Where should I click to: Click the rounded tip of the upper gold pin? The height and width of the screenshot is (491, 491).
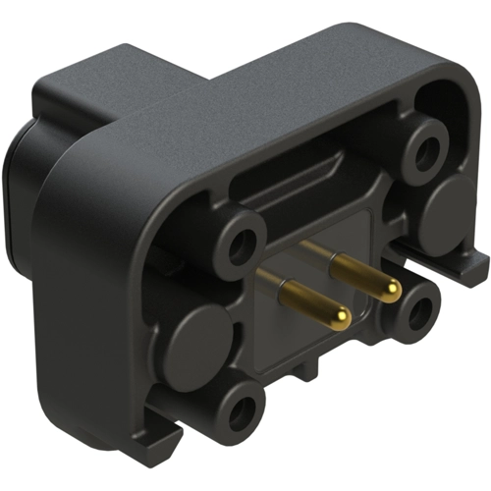coord(391,288)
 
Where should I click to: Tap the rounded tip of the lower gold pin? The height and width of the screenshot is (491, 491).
coord(339,316)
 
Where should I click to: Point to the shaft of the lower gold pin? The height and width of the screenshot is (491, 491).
coord(306,299)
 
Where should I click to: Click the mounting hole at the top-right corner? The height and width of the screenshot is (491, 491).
coord(426,150)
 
